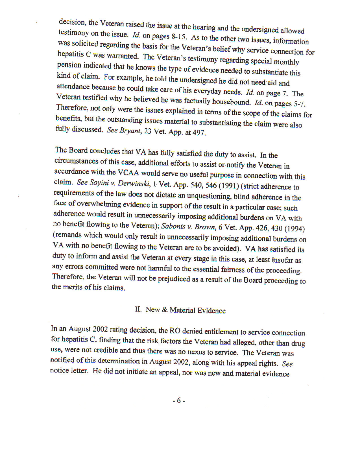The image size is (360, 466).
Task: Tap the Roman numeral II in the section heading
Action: coord(138,309)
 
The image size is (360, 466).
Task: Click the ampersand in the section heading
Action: coord(165,310)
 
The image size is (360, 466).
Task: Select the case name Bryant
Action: coord(130,131)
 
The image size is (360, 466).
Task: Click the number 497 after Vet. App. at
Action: coord(199,133)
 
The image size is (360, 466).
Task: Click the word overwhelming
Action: coord(97,204)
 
